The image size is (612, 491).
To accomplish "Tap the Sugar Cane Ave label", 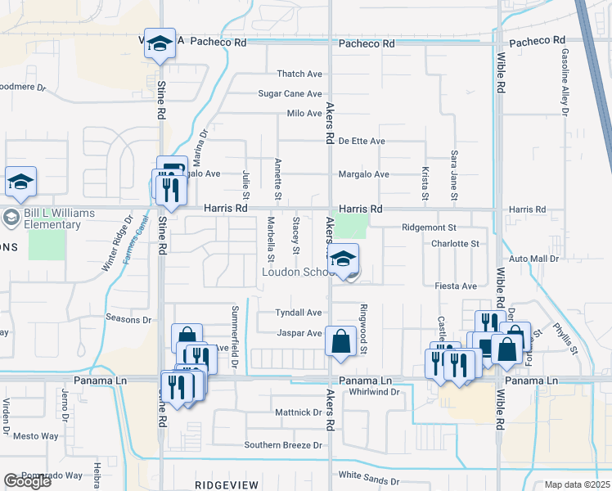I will point(290,94).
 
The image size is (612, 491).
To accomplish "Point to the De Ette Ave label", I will point(362,141).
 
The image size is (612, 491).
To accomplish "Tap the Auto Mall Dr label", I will point(533,259).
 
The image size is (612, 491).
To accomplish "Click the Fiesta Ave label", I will point(457,286).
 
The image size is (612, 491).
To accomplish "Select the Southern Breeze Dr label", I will point(283,445).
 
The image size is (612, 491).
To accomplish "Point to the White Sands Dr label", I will point(368,482).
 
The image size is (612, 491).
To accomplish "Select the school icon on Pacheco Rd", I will point(160,46).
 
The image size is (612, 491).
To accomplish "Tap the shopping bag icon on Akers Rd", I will point(340,340).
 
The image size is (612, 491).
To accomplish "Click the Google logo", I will point(27,482).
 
